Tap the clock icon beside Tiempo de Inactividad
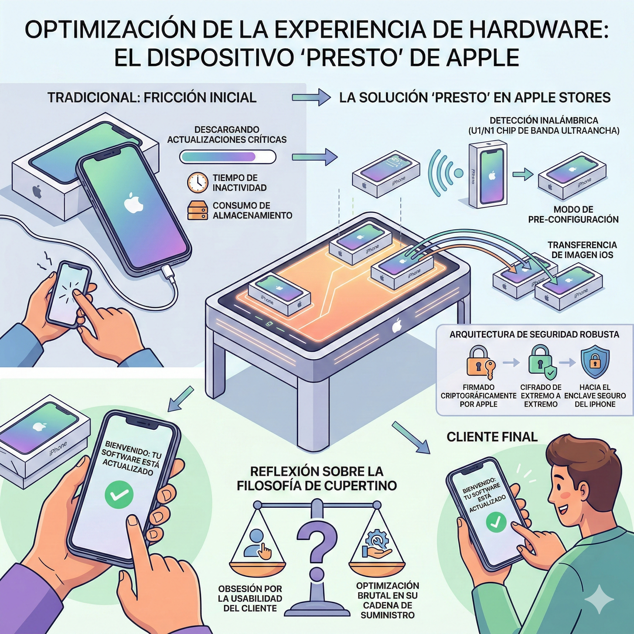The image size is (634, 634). (x=198, y=182)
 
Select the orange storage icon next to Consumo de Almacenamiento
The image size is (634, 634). (x=198, y=210)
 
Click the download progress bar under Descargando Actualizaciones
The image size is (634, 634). (x=228, y=157)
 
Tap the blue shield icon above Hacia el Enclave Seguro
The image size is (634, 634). (x=595, y=363)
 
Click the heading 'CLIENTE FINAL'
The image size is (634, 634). (x=492, y=437)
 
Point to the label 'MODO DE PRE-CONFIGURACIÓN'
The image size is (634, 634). (x=573, y=214)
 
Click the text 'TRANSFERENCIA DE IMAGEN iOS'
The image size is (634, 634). (x=582, y=250)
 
